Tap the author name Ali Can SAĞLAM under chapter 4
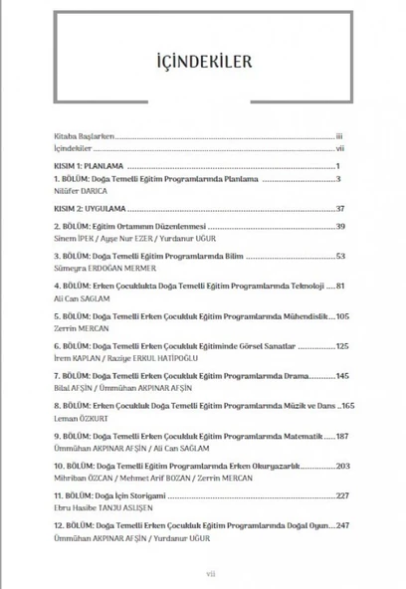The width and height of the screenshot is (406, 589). point(80,297)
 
